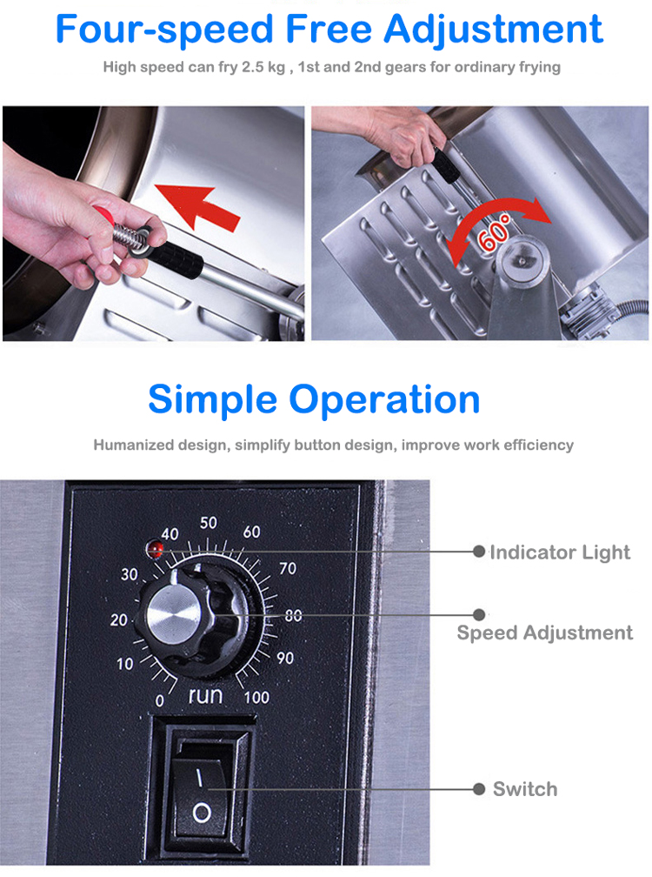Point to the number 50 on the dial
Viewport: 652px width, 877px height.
pos(209,523)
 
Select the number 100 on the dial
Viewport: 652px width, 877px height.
pos(256,696)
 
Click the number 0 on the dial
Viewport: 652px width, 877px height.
pos(158,700)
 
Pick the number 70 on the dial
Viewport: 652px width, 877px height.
pos(287,569)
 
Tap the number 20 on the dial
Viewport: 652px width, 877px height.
pos(119,620)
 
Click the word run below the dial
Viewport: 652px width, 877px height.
pos(206,695)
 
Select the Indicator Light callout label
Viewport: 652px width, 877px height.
pos(560,552)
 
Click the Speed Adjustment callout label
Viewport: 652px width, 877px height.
pos(545,633)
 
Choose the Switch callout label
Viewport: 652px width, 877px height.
pos(525,789)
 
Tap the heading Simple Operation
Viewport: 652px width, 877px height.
pos(314,399)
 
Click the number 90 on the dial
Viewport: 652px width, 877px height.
pos(285,659)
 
